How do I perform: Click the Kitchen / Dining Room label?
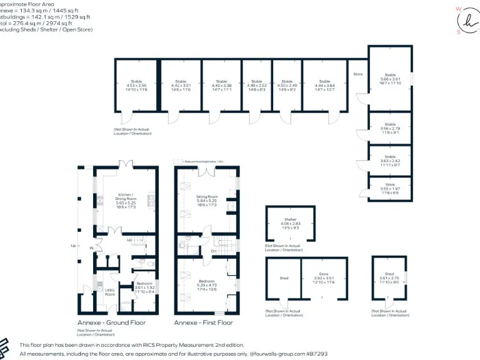pos(125,198)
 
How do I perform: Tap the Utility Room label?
pos(109,292)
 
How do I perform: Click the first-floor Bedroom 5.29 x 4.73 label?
pos(206,285)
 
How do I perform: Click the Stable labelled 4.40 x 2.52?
pos(257,86)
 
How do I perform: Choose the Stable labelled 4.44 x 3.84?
pos(324,86)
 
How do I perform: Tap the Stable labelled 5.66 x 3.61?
pos(389,79)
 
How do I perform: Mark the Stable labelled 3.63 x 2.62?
pos(389,161)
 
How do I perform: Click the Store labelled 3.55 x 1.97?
pos(389,188)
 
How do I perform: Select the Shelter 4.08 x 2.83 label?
pos(290,223)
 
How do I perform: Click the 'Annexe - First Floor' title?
pos(203,322)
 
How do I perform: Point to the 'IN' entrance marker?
pos(91,248)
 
